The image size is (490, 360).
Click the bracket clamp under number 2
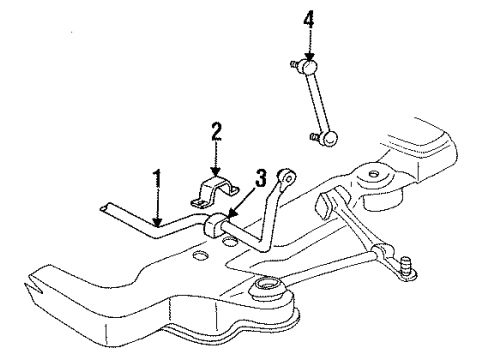217,194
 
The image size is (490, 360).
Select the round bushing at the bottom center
269,293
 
